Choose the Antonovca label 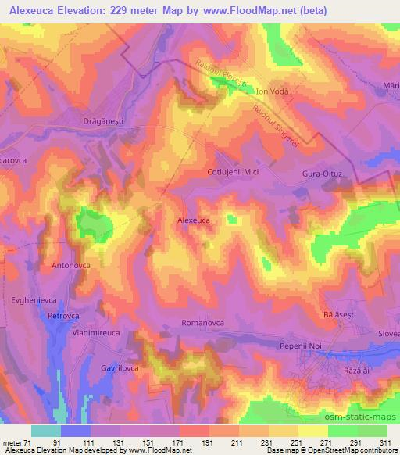click(x=71, y=266)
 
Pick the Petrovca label click(x=65, y=316)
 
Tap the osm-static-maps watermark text click(x=357, y=414)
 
